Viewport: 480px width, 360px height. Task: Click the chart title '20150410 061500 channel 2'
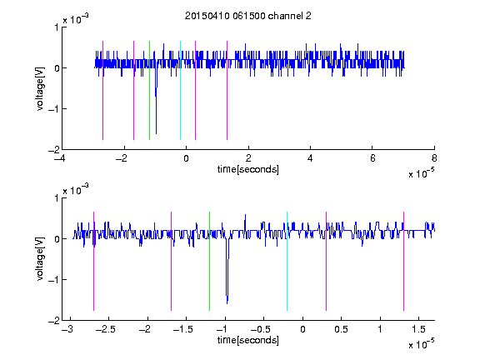pos(248,16)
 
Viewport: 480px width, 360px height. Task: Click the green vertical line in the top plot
pos(149,90)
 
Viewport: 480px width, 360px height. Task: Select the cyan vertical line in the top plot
pos(180,90)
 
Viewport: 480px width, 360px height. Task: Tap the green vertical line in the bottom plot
pos(209,261)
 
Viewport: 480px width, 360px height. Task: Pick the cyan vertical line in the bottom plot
pos(287,261)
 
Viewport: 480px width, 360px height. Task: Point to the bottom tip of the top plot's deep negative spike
pos(156,134)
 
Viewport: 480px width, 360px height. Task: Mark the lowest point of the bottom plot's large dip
pos(227,303)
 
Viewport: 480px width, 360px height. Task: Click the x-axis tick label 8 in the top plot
pos(434,158)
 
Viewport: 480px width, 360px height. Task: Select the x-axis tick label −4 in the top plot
pos(59,158)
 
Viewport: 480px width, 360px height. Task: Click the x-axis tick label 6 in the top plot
pos(372,158)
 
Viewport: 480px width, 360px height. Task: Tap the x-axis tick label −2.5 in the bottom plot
pos(105,329)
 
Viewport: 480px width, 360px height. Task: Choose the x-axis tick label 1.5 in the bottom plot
pos(418,329)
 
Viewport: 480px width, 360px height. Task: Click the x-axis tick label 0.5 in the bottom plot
pos(341,329)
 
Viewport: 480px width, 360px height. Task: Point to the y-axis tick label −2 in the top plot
pos(54,150)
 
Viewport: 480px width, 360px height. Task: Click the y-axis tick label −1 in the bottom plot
pos(54,279)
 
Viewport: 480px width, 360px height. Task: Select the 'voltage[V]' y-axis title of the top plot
pos(40,89)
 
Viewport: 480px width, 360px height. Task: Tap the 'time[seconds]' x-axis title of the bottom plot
pos(248,340)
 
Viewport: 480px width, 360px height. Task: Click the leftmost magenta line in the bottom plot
pos(93,261)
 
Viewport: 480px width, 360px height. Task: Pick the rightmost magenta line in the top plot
pos(227,90)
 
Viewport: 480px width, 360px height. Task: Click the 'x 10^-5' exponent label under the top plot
pos(421,173)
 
